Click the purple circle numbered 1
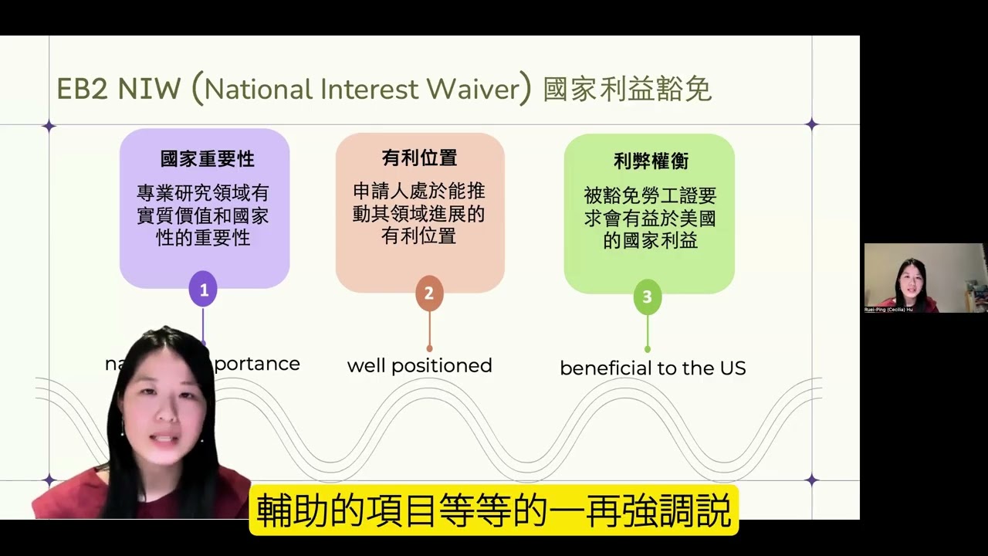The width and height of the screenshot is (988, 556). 204,290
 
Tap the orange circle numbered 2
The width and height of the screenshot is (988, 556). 429,293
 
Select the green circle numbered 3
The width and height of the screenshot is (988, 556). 647,297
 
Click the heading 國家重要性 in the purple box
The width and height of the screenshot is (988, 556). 207,159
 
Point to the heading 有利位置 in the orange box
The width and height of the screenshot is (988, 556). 420,158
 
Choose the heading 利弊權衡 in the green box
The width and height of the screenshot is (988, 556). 651,161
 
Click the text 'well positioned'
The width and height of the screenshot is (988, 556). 419,365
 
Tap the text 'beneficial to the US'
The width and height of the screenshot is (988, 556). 652,368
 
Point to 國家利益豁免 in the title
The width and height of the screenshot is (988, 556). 627,90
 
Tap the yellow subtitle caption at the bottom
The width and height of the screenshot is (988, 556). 494,510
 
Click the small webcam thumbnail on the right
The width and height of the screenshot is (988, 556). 925,277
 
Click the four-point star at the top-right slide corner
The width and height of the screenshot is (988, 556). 811,124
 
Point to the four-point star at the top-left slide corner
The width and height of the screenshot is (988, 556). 49,125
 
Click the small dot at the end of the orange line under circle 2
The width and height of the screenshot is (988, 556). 429,348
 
